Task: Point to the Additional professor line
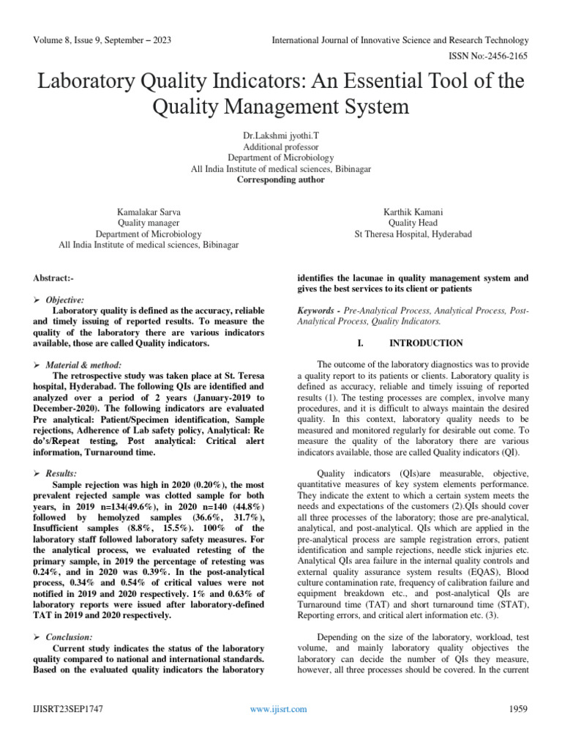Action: click(x=281, y=146)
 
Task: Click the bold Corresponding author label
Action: click(x=281, y=179)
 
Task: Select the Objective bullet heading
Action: click(x=65, y=300)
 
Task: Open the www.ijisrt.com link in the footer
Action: click(x=279, y=708)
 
